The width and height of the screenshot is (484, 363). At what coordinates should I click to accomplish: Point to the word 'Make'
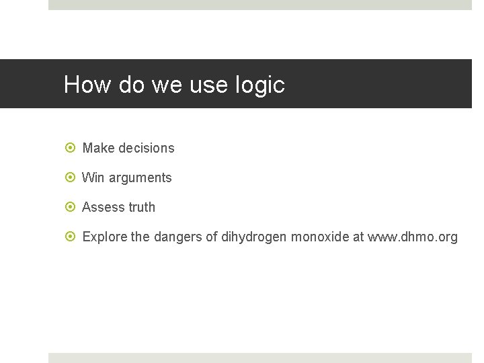(98, 148)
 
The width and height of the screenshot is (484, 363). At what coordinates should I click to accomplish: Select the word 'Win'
(93, 177)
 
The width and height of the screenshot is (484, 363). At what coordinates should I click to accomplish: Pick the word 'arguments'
(140, 178)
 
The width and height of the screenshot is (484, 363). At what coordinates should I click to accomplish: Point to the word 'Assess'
(104, 207)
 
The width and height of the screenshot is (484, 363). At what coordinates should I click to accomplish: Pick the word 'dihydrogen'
(254, 237)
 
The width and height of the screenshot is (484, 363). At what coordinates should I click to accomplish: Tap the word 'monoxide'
(320, 237)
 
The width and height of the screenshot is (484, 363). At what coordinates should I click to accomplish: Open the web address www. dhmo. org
(412, 237)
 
